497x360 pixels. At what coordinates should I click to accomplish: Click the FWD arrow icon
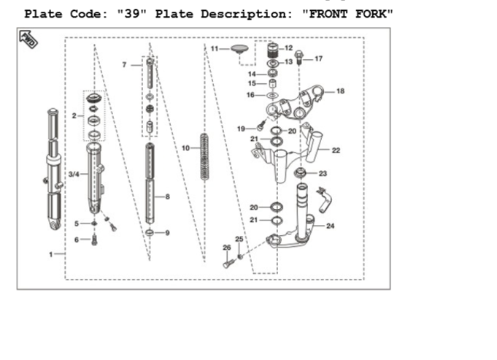pyautogui.click(x=28, y=39)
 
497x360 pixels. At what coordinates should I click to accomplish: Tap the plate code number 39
pyautogui.click(x=132, y=14)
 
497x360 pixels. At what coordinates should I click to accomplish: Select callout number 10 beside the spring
pyautogui.click(x=185, y=148)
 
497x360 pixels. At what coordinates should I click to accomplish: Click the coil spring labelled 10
pyautogui.click(x=204, y=157)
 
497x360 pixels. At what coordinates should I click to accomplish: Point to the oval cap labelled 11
pyautogui.click(x=239, y=49)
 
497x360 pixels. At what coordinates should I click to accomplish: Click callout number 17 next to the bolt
pyautogui.click(x=318, y=58)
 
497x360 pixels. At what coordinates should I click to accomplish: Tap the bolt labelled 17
pyautogui.click(x=298, y=58)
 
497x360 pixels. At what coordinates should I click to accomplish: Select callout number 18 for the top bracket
pyautogui.click(x=340, y=91)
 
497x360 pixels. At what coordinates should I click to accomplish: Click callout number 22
pyautogui.click(x=336, y=150)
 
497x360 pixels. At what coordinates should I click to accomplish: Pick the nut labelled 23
pyautogui.click(x=300, y=173)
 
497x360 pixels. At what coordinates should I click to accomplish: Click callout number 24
pyautogui.click(x=331, y=226)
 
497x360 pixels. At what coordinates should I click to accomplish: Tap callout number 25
pyautogui.click(x=239, y=239)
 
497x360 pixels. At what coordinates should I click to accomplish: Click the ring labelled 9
pyautogui.click(x=150, y=233)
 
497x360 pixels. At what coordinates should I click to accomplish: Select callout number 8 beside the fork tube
pyautogui.click(x=167, y=196)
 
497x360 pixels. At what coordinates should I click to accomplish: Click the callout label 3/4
pyautogui.click(x=74, y=174)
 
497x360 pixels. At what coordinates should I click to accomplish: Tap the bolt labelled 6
pyautogui.click(x=94, y=240)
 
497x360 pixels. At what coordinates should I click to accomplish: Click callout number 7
pyautogui.click(x=124, y=65)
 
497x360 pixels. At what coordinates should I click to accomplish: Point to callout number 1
pyautogui.click(x=50, y=254)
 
